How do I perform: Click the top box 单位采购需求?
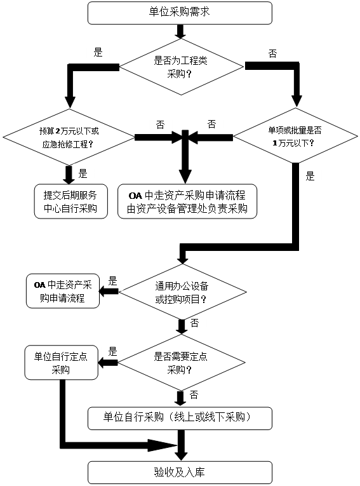pos(180,13)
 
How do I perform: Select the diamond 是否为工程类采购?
pos(181,67)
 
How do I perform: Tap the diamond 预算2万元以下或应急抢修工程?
pos(69,137)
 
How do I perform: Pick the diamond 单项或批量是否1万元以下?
pos(295,135)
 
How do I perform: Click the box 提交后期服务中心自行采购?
pos(70,201)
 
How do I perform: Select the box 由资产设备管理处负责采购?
pos(187,201)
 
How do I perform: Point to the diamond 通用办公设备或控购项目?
pos(182,292)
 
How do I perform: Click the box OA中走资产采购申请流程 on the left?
pos(63,291)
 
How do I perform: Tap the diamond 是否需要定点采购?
pos(181,362)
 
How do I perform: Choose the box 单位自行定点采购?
pos(62,362)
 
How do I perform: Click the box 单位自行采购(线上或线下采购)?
pos(180,419)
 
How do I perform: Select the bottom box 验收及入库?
pos(180,473)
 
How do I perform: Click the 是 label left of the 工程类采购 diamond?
pos(98,52)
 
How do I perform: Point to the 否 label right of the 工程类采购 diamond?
pos(272,53)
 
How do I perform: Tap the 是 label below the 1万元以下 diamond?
pos(310,176)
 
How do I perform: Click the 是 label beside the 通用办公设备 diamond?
pos(112,281)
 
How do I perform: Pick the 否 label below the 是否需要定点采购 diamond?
pos(194,395)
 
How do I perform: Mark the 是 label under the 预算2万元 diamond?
pos(83,173)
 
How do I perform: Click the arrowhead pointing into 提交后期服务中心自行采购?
pos(69,180)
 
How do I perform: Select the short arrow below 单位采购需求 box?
pos(180,31)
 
